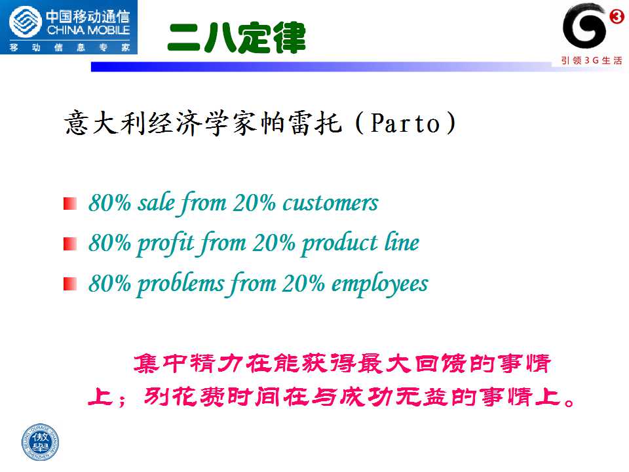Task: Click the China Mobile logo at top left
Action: (x=69, y=27)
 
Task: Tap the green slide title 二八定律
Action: (x=237, y=38)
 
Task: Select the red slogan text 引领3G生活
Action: (x=591, y=60)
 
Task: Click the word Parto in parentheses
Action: (x=405, y=123)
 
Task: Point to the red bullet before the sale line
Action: (x=70, y=203)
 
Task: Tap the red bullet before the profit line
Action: (x=70, y=244)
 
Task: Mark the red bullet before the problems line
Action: (x=70, y=284)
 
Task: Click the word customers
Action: (x=330, y=203)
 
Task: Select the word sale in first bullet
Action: (x=157, y=202)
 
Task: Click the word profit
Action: (x=166, y=243)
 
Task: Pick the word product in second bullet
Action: (x=339, y=243)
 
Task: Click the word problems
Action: (x=181, y=284)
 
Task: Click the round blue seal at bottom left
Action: (x=40, y=442)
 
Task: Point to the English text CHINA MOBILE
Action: (x=88, y=30)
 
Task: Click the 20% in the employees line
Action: (x=303, y=283)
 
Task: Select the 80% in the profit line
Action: (x=109, y=243)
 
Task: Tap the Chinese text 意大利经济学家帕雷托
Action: (x=203, y=123)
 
